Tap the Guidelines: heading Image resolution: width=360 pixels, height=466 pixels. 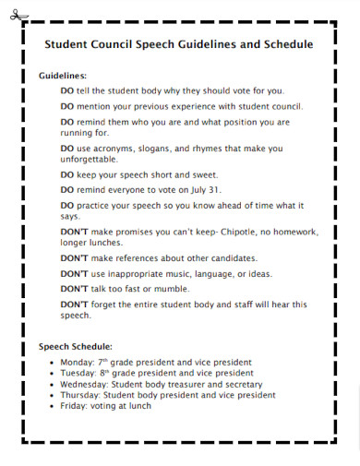click(x=63, y=75)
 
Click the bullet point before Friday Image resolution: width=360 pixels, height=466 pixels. click(x=52, y=406)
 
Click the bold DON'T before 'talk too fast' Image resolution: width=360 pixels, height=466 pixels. click(x=74, y=288)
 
